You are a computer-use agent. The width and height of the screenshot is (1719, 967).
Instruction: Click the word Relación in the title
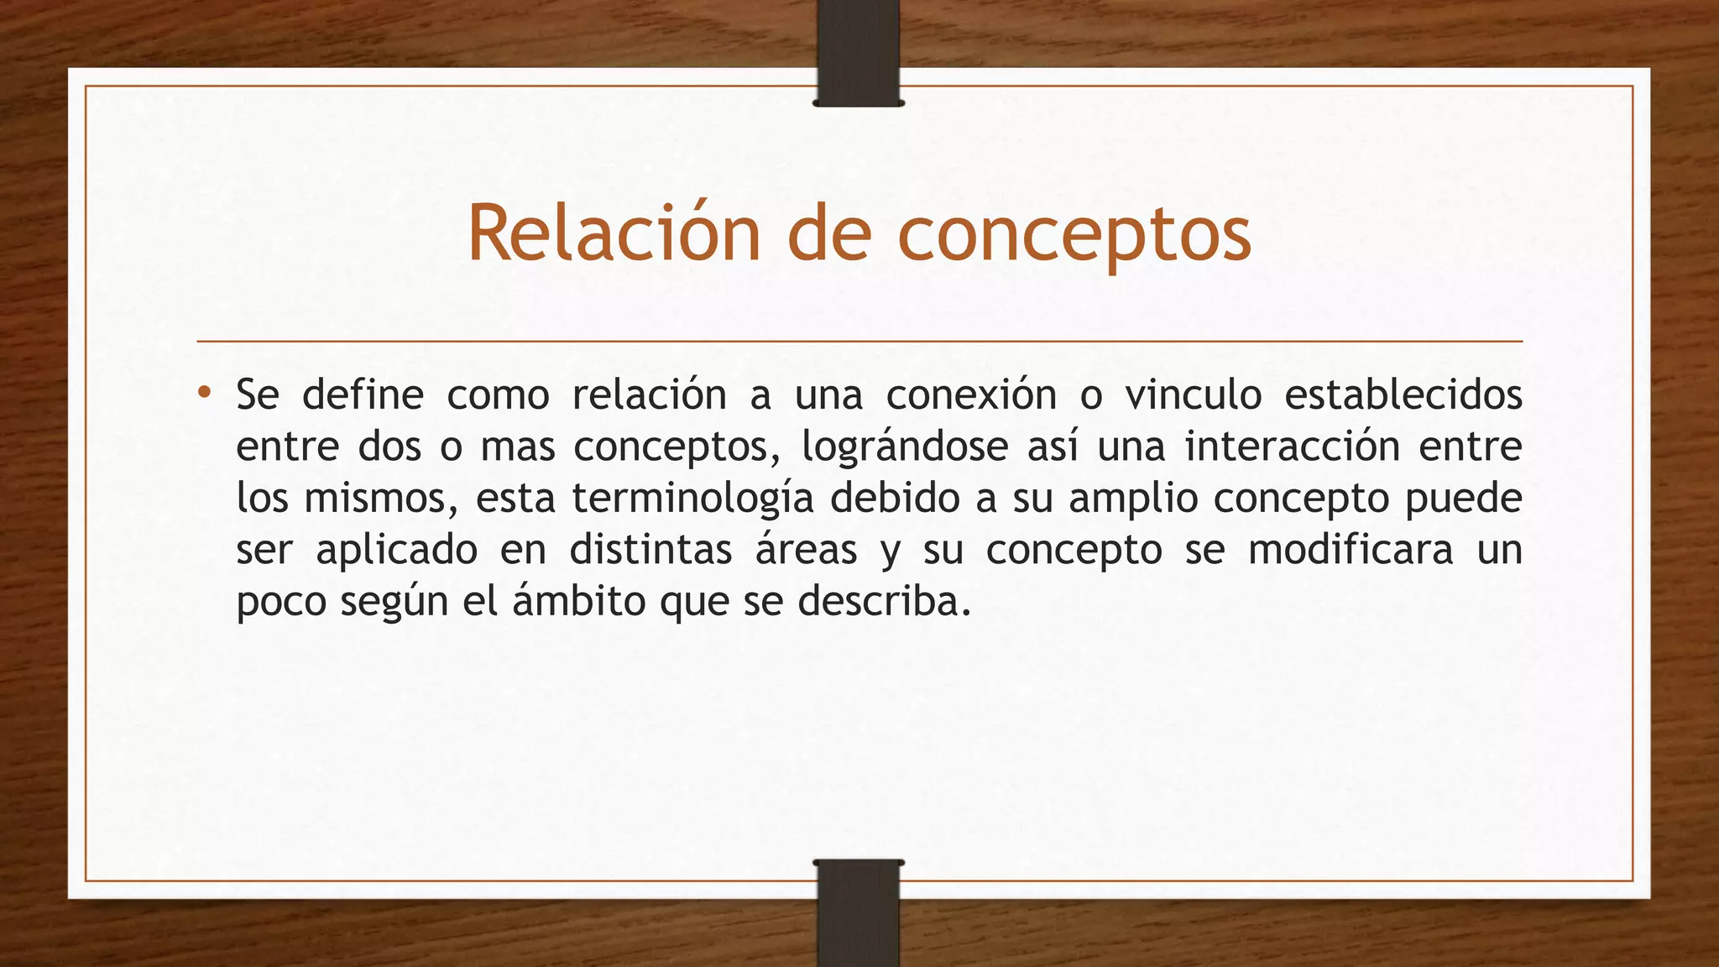click(613, 233)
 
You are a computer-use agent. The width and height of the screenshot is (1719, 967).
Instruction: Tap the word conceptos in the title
click(1074, 235)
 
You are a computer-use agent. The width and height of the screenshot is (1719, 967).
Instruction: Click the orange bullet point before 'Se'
click(204, 392)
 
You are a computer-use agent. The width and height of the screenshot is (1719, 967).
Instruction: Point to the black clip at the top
click(858, 52)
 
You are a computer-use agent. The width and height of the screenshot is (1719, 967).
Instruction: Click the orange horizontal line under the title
click(859, 342)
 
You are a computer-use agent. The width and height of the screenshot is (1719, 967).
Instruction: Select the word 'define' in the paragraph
click(363, 395)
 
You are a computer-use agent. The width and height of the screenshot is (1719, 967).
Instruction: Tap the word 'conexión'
click(971, 395)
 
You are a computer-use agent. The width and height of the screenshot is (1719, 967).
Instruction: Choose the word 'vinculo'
click(1193, 395)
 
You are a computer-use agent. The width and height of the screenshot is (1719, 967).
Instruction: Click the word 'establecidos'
click(1403, 395)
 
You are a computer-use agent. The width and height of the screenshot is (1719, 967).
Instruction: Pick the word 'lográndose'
click(904, 447)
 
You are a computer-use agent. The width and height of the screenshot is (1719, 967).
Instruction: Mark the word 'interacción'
click(1291, 447)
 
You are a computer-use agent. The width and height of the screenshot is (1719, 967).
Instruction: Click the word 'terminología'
click(692, 499)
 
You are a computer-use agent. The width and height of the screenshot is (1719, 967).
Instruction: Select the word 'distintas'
click(651, 551)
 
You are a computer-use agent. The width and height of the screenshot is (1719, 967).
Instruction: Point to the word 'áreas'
click(806, 551)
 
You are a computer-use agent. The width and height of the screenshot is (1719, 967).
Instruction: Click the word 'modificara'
click(1350, 551)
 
